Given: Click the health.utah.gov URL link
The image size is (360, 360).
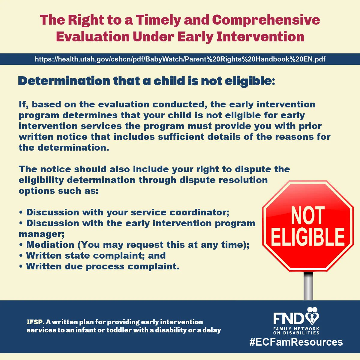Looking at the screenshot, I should pyautogui.click(x=180, y=59).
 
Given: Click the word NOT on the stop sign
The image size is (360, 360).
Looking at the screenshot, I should pyautogui.click(x=308, y=216).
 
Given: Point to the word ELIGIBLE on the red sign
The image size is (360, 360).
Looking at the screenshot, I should pyautogui.click(x=308, y=237).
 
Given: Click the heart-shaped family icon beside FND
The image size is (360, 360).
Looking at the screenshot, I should pyautogui.click(x=312, y=316).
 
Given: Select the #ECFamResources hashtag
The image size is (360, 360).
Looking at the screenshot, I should pyautogui.click(x=296, y=342).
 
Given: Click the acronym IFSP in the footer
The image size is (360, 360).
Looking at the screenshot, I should pyautogui.click(x=35, y=322).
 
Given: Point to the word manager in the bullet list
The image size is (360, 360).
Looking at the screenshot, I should pyautogui.click(x=41, y=234).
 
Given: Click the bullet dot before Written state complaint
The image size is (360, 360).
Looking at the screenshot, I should pyautogui.click(x=21, y=256).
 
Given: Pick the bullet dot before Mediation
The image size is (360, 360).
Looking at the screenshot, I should pyautogui.click(x=21, y=245).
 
